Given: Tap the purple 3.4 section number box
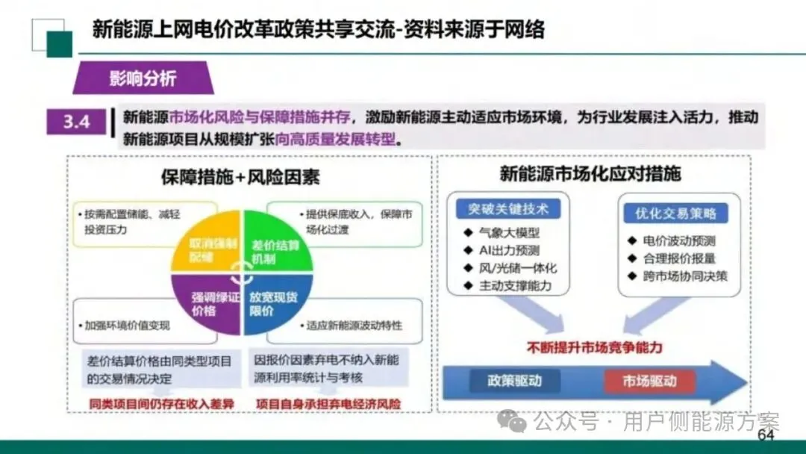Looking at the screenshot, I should coord(77,121).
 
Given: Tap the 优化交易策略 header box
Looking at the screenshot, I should coord(676,214).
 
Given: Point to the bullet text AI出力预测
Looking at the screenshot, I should coord(510,250).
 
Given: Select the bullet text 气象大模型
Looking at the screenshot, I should coord(510,232).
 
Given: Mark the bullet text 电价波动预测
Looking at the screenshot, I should coord(679,240).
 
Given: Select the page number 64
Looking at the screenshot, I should coord(766,435).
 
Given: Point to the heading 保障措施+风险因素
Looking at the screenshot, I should coord(240,177).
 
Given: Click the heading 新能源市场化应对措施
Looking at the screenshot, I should coord(590,175).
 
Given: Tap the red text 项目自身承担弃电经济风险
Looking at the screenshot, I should coord(328,404).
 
